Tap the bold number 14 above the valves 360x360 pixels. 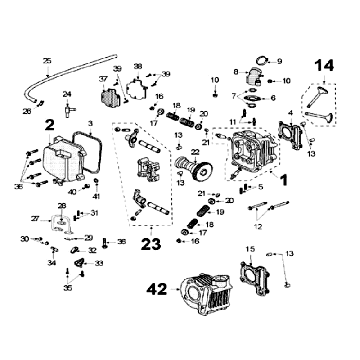[x=324, y=67]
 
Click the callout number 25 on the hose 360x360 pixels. [x=46, y=62]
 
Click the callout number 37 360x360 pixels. [x=102, y=77]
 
